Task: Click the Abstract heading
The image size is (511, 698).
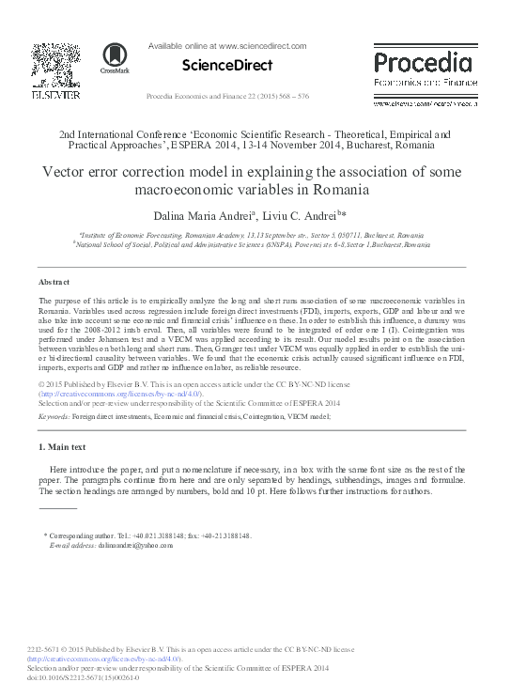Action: tap(53, 282)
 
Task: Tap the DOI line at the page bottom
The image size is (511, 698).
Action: tap(85, 676)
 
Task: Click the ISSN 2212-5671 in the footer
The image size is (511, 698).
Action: tap(48, 649)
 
